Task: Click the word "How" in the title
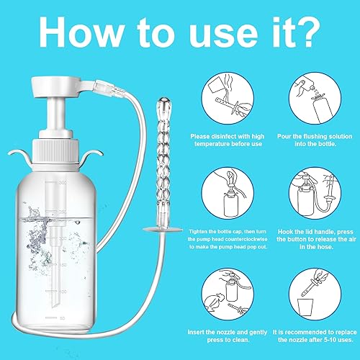79,32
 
